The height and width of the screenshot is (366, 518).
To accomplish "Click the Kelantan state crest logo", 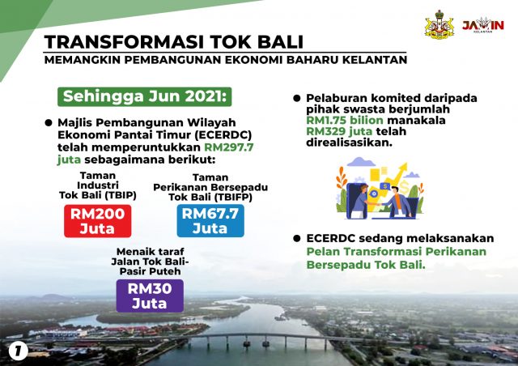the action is click(439, 25).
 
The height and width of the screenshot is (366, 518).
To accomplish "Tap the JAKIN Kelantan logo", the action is click(483, 25).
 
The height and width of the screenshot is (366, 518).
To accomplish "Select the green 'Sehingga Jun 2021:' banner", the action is click(145, 96).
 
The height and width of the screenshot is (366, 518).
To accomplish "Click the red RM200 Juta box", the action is click(97, 221).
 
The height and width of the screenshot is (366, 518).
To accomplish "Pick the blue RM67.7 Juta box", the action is click(210, 220).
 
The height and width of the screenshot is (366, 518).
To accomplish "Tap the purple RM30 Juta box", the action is click(150, 296).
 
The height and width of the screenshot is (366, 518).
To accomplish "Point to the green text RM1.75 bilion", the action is click(345, 120).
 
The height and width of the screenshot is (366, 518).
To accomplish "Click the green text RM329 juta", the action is click(339, 131).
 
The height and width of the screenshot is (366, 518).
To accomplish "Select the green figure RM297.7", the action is click(229, 147).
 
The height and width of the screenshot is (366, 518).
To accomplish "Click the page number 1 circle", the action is click(19, 351).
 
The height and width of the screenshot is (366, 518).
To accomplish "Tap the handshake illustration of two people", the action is click(380, 188).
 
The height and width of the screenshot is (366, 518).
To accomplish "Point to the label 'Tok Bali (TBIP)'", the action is click(98, 195).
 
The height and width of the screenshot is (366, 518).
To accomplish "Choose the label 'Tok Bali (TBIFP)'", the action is click(210, 198).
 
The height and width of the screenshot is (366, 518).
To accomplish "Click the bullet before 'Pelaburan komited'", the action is click(297, 98).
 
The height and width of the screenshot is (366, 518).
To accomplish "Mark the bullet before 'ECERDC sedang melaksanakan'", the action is click(297, 238).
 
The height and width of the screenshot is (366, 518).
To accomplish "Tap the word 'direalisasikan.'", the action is click(349, 143).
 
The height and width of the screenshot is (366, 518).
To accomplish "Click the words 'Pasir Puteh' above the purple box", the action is click(150, 271).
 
